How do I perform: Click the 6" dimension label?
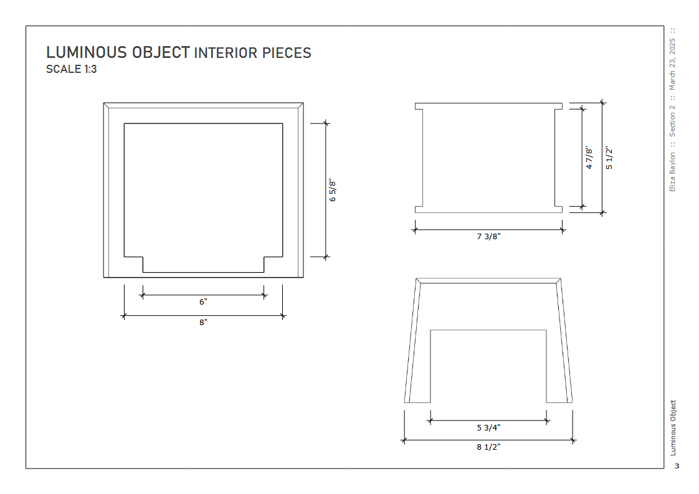(x=203, y=302)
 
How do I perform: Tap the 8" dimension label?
(x=203, y=322)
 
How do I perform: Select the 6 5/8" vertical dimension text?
(x=333, y=191)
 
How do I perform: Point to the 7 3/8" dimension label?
(x=488, y=236)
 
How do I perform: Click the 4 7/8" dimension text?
(x=589, y=158)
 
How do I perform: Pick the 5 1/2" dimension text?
(x=609, y=158)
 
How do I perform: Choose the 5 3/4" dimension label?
(x=488, y=427)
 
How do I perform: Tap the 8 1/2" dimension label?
(x=488, y=447)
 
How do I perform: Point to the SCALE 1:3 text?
(x=71, y=69)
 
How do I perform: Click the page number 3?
(x=677, y=466)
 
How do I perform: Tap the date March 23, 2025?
(x=672, y=64)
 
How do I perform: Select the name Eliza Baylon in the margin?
(x=672, y=172)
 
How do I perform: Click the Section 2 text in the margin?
(x=672, y=121)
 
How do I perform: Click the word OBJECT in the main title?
(x=161, y=52)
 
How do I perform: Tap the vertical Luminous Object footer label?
(x=673, y=427)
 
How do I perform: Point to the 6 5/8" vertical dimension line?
(x=326, y=190)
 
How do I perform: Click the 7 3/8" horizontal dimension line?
(x=488, y=230)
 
